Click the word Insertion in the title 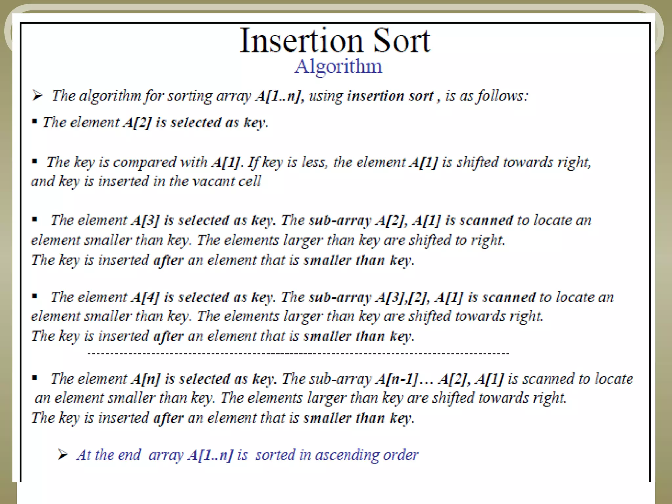301,41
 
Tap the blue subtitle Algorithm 338,66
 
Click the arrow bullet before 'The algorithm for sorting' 37,96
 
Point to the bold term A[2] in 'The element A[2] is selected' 137,122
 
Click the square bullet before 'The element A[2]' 34,122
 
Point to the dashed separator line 298,354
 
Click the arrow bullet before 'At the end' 62,455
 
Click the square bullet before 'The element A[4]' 34,297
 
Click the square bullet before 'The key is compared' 34,161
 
